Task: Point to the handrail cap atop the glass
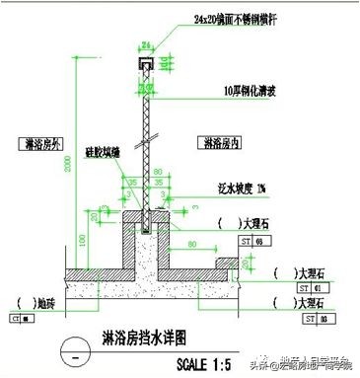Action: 146,62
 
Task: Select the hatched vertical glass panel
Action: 146,138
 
